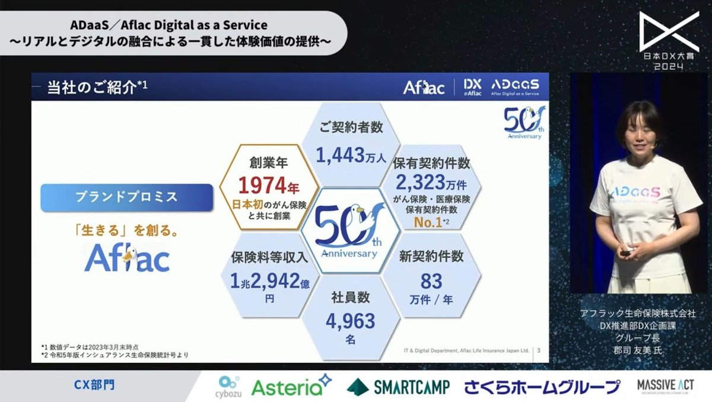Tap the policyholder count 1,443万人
351,156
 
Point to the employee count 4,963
350,321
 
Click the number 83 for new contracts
431,280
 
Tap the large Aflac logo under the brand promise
126,258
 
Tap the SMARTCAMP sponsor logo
398,387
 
